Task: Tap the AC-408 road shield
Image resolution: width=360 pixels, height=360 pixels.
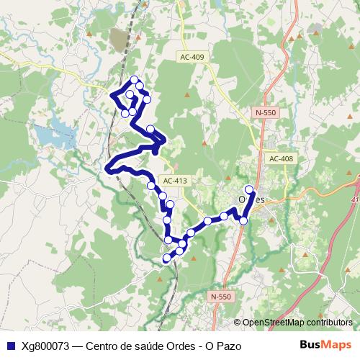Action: [280, 158]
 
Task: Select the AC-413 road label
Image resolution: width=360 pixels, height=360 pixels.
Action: [175, 181]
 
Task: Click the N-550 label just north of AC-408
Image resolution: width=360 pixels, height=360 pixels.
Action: [265, 112]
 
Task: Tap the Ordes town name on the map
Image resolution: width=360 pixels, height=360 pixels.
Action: [251, 199]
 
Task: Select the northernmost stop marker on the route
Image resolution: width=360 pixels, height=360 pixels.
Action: [134, 79]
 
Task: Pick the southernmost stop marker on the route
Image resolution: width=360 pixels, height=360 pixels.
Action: [166, 258]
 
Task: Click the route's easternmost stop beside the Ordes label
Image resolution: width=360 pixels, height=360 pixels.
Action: [249, 189]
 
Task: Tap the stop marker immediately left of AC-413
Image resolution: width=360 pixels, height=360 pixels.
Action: [151, 185]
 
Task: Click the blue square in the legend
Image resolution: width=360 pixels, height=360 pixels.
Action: [10, 346]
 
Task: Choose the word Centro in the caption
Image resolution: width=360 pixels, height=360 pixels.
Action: [104, 346]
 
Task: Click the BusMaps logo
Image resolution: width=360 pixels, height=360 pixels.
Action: [325, 345]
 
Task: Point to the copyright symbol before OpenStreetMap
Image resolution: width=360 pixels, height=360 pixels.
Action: [237, 322]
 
